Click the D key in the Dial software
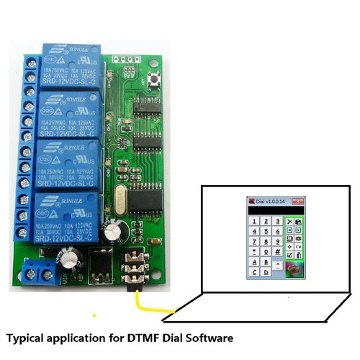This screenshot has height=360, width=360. pos(266,272)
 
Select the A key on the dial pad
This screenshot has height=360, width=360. pos(253,262)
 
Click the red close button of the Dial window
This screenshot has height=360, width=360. pos(297,202)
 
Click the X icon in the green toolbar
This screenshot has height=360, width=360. pos(289,222)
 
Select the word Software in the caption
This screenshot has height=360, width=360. pos(206,337)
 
